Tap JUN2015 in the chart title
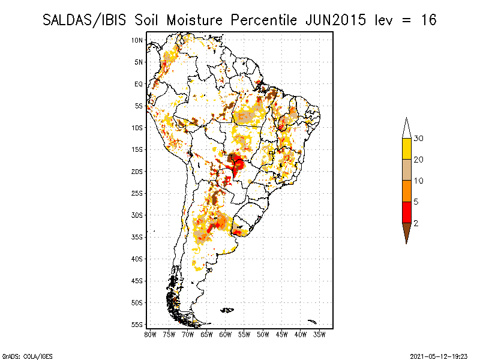pos(334,20)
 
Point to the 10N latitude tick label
pos(137,40)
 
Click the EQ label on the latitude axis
pos(139,84)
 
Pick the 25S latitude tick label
pos(137,193)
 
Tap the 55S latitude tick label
pos(137,325)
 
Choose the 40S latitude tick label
pos(137,259)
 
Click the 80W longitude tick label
pos(150,334)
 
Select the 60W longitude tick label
pos(226,334)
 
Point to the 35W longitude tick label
pos(320,334)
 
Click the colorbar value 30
pos(419,139)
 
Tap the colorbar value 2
pos(416,223)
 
